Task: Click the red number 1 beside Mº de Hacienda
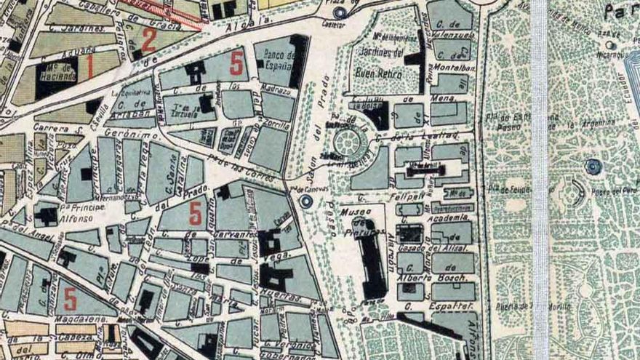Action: click(90, 67)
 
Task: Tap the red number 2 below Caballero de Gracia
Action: click(148, 39)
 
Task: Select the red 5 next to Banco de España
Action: click(236, 63)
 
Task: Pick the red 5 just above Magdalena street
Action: click(71, 297)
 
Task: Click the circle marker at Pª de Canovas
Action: click(306, 201)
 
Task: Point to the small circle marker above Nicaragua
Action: click(610, 45)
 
